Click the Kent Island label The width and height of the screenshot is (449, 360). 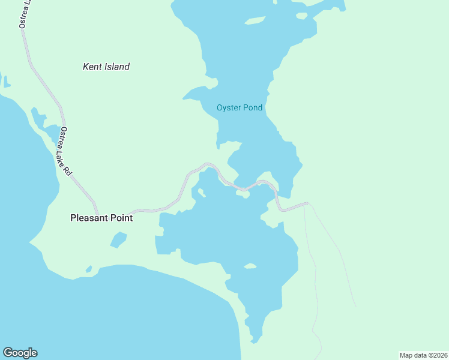point(106,67)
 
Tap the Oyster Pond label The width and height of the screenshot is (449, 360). point(240,108)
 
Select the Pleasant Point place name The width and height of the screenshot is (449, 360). point(101,218)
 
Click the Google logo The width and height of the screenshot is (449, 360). point(20,353)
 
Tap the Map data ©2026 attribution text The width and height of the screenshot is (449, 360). point(423,355)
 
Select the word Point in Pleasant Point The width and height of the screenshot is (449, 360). point(120,218)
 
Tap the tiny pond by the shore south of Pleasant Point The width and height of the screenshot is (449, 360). point(89,269)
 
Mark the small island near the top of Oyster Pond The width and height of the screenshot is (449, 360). point(255,21)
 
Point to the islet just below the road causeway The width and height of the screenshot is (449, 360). point(243,194)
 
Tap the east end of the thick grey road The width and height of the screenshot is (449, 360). point(306,204)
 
